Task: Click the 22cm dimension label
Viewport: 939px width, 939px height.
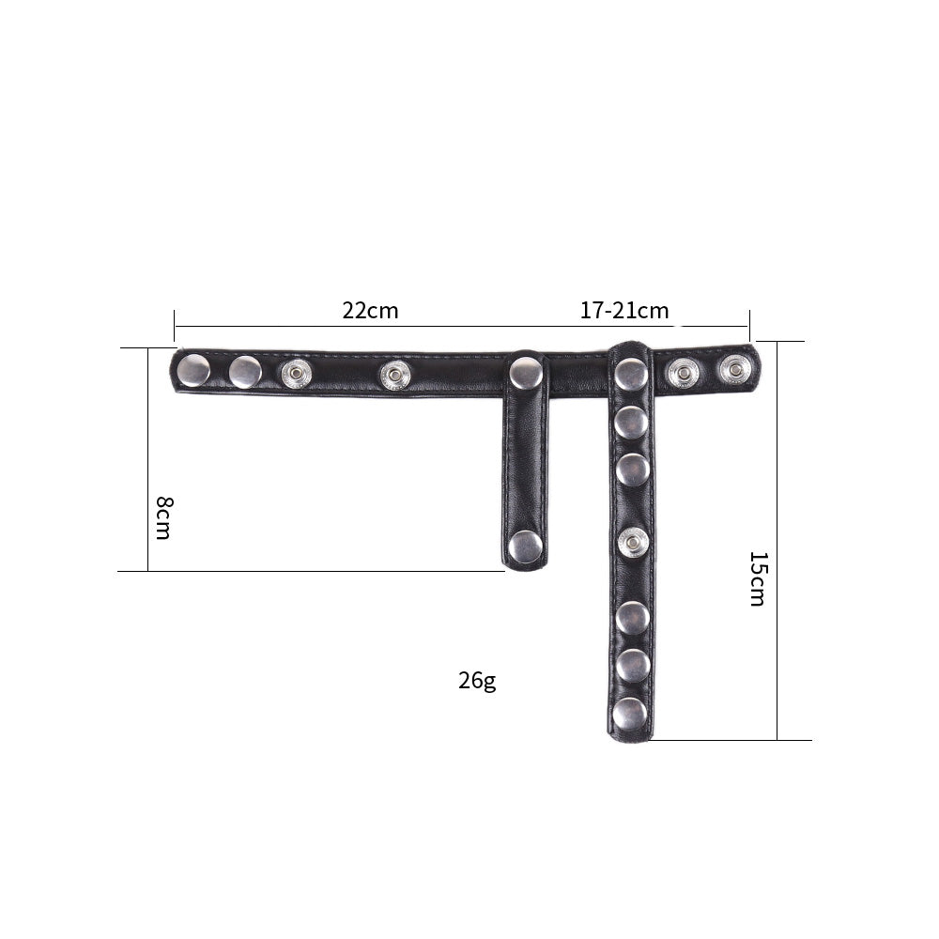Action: [x=370, y=311]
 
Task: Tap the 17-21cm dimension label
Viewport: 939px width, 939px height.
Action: [x=624, y=311]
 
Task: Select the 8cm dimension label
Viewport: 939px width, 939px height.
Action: [x=163, y=517]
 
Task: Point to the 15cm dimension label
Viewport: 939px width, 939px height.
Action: [x=758, y=578]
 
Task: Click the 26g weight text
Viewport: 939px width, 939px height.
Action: [x=477, y=681]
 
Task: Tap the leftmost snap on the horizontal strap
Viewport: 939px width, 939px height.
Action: [x=194, y=370]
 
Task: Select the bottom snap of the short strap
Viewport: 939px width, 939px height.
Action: [x=525, y=546]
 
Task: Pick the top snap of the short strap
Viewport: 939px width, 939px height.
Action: [x=527, y=373]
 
